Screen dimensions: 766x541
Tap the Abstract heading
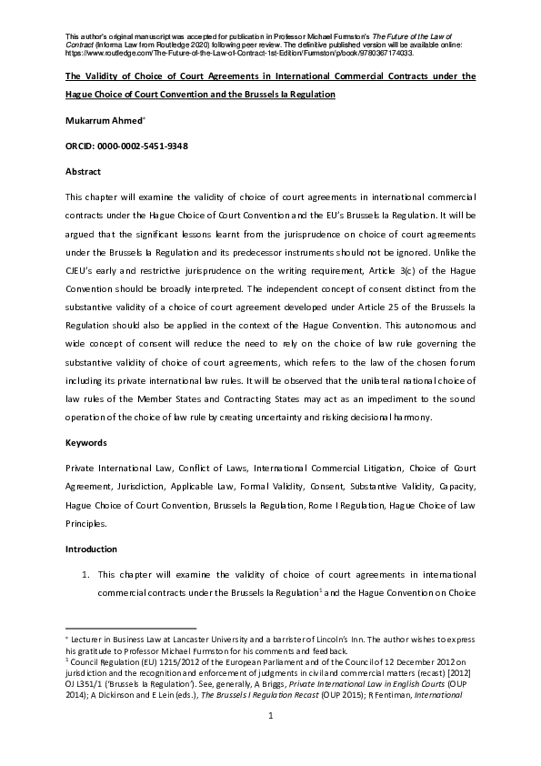tap(83, 171)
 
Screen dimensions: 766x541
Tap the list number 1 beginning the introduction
tap(85, 575)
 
